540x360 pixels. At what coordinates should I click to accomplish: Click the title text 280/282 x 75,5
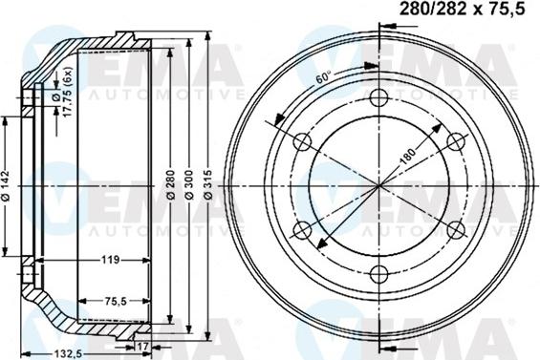point(462,11)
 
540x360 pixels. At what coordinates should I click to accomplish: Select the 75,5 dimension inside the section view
point(114,301)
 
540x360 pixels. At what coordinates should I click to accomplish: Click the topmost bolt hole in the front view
point(379,97)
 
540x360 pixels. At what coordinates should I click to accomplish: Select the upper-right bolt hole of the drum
point(456,141)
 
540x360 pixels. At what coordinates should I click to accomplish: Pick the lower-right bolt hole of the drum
point(456,229)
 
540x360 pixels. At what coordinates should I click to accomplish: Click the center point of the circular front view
point(379,185)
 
